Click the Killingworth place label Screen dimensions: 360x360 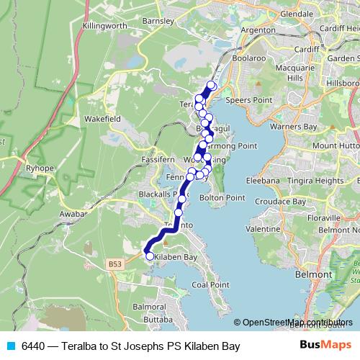pos(104,25)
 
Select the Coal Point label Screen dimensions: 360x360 pos(210,284)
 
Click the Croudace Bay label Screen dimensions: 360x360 pos(278,203)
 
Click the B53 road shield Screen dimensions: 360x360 pos(116,264)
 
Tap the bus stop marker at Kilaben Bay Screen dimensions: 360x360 pos(150,256)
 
